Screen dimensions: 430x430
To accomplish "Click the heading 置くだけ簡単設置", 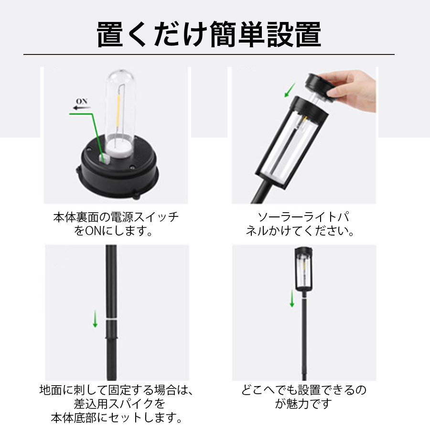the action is click(x=209, y=34).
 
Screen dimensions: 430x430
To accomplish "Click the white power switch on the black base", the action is click(x=105, y=159).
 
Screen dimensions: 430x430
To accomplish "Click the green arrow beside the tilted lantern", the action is click(x=290, y=90).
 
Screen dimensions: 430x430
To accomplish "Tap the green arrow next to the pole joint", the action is click(x=95, y=319).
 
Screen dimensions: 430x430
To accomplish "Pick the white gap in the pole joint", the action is click(x=111, y=320).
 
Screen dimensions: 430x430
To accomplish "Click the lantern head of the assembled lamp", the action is click(x=304, y=269).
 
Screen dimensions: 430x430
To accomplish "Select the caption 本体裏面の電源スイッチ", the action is click(x=116, y=217).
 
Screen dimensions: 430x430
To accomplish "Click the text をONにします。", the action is click(x=113, y=231).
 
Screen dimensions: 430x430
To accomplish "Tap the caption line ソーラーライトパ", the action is click(x=304, y=217).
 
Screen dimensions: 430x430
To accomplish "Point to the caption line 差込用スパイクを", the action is click(x=119, y=403).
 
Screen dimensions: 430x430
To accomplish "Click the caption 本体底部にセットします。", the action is click(x=117, y=418).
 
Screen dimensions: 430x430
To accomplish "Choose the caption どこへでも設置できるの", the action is click(x=304, y=390).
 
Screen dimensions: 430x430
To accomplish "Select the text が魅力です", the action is click(x=303, y=403).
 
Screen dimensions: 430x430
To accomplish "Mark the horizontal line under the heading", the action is click(x=209, y=54).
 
